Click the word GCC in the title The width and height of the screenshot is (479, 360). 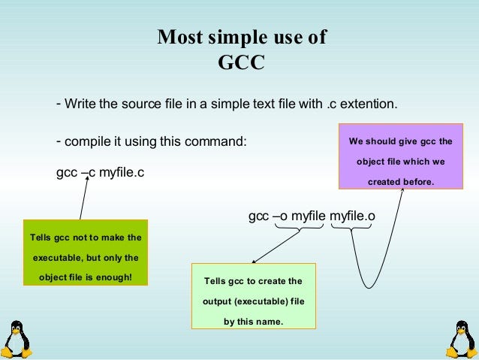pos(241,62)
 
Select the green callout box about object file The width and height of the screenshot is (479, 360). pos(86,253)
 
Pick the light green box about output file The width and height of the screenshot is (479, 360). pos(253,296)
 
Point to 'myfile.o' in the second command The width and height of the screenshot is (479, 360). pos(352,216)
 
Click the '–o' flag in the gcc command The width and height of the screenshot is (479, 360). pos(280,216)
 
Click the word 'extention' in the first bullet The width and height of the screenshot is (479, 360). pos(370,104)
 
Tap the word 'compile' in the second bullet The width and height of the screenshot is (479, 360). pos(86,141)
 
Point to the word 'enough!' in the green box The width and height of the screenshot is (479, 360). pos(115,277)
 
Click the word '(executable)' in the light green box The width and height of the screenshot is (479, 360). pos(258,301)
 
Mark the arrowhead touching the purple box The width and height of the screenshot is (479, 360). pos(402,190)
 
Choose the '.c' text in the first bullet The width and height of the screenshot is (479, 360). pos(333,104)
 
